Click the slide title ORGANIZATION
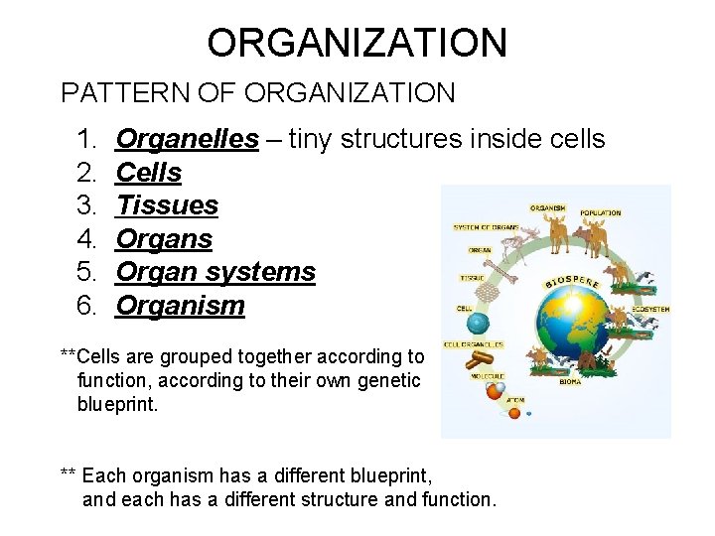coord(357,43)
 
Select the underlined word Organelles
coord(187,139)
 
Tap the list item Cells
coord(149,173)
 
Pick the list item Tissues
coord(167,205)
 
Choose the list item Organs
coord(164,239)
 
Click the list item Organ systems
coord(215,272)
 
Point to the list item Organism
coord(180,306)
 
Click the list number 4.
coord(85,239)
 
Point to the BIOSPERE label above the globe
coord(573,281)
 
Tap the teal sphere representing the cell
coord(479,324)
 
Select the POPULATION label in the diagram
coord(600,212)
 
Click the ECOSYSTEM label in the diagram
coord(650,310)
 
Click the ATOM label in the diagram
coord(515,400)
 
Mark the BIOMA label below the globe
coord(571,381)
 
